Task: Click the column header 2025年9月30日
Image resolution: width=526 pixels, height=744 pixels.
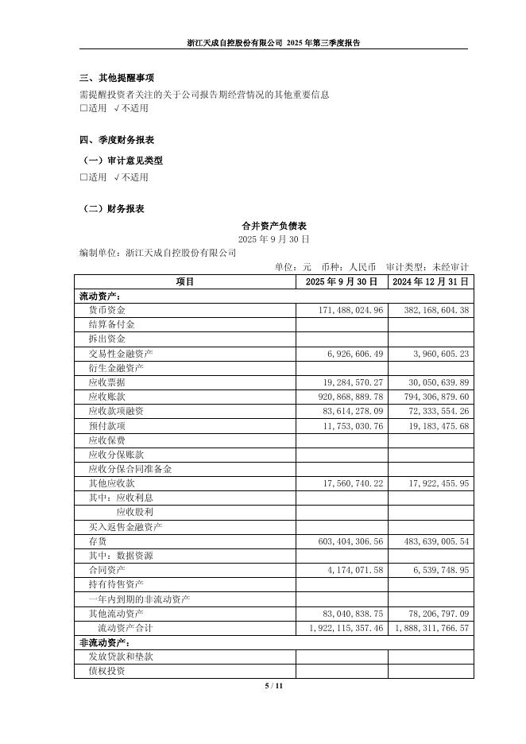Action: (342, 281)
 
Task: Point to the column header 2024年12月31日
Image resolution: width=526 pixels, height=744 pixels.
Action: (431, 281)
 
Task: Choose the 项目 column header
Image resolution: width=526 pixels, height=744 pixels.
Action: (185, 281)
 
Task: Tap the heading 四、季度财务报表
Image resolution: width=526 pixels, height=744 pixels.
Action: (117, 140)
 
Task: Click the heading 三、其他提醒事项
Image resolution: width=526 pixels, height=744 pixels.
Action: (117, 78)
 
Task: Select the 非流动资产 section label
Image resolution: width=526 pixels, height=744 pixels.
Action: (104, 642)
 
